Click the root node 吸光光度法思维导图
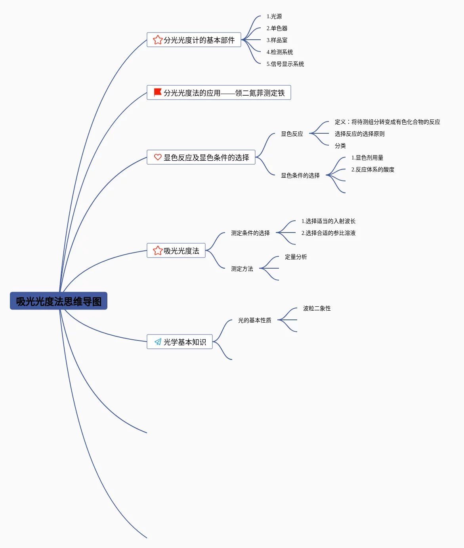click(59, 301)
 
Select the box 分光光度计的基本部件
click(194, 40)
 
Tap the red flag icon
click(157, 92)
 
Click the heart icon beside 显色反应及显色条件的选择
click(158, 157)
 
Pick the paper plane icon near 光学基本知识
click(158, 342)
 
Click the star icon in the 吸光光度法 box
click(158, 250)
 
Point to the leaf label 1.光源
click(274, 16)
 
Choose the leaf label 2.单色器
click(277, 28)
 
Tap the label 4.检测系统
click(279, 52)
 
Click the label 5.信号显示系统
click(285, 64)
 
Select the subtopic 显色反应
click(292, 134)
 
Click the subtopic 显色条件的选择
click(300, 175)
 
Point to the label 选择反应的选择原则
click(359, 134)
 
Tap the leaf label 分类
click(340, 146)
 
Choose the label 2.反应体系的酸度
click(373, 170)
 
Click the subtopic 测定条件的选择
click(250, 233)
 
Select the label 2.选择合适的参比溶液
click(328, 233)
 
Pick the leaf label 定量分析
click(296, 257)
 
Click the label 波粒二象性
click(317, 308)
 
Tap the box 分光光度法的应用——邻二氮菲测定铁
click(219, 92)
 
